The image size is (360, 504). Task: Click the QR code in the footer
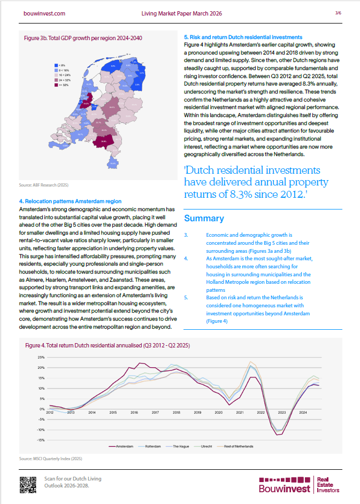27,484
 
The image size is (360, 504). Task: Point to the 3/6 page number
338,12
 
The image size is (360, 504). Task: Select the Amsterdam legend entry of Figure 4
121,445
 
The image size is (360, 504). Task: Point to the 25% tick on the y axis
41,357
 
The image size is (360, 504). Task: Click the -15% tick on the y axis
41,440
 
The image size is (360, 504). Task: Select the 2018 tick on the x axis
176,413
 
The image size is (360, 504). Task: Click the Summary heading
204,219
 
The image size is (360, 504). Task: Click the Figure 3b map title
83,38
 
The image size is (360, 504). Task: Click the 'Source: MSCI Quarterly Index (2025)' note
50,459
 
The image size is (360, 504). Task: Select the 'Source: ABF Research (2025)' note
44,184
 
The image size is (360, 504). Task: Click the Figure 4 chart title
108,346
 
